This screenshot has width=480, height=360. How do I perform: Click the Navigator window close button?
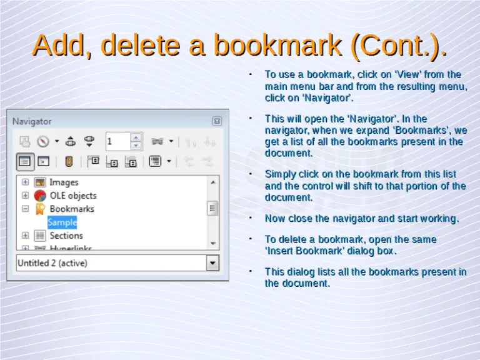coord(216,121)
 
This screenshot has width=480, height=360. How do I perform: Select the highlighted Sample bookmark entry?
coord(62,222)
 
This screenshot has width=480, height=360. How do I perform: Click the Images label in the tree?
coord(64,182)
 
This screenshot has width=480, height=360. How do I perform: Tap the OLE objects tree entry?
coord(73,196)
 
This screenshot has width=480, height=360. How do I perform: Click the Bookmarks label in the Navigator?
coord(72,209)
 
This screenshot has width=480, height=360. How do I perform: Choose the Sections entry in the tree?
coord(66,236)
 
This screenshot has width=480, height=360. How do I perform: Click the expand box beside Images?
coord(26,182)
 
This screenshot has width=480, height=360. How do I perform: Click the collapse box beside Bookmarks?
coord(26,209)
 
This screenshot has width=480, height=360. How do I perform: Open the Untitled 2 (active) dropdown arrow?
coord(213,263)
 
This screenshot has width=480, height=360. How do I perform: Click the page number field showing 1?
coord(117,141)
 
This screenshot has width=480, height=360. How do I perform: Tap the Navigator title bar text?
coord(32,121)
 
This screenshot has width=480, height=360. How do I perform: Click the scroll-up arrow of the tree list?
coord(213,182)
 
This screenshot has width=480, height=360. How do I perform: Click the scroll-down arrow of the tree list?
coord(213,242)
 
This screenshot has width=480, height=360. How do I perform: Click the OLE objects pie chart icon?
coord(40,196)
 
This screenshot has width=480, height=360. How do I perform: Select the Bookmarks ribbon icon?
coord(40,209)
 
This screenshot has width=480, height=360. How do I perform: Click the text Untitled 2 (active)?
coord(52,263)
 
